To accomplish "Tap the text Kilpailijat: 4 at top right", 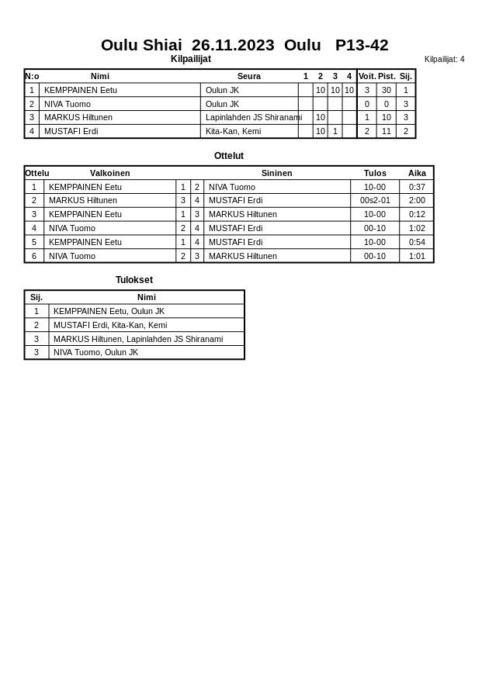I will point(444,59).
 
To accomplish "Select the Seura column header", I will point(248,76).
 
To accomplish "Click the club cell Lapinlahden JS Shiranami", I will point(253,117).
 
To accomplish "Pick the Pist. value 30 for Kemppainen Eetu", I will point(386,90).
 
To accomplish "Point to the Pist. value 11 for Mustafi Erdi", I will point(386,131).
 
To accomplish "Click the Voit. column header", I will point(366,76).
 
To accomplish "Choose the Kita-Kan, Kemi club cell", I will point(233,131).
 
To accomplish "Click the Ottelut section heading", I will point(229,156).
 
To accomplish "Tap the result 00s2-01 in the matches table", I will point(375,200).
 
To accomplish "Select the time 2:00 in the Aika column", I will point(417,200).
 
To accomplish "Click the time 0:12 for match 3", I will point(417,214).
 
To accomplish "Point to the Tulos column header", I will point(375,173).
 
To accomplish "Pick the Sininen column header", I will point(276,173).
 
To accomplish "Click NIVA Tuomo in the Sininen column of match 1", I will point(231,187).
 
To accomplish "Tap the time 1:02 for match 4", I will point(417,228).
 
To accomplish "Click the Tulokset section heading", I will point(134,280).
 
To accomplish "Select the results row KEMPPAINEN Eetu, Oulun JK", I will point(109,311).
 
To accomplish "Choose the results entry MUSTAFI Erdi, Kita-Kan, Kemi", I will point(110,325).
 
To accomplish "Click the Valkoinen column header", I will point(109,173).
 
